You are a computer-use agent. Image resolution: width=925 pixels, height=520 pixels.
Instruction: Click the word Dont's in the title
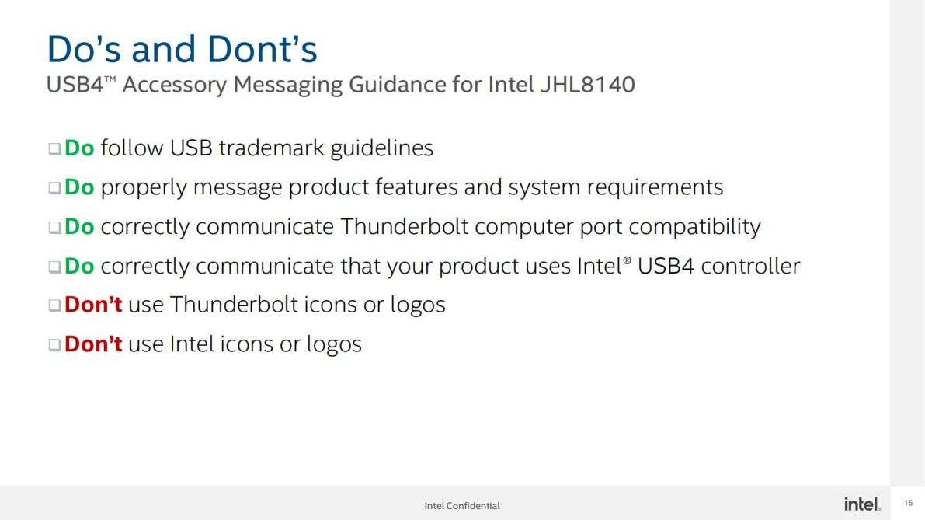[262, 48]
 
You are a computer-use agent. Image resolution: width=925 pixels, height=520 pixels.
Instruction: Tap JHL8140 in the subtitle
[588, 85]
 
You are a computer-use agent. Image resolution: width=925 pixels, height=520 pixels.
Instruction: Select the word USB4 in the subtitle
[75, 85]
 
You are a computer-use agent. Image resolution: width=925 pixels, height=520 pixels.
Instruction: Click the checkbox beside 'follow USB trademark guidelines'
[55, 148]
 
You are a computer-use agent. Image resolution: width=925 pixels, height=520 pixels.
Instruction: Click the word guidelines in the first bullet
[381, 148]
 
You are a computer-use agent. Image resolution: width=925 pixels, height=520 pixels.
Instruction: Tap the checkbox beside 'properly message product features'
[55, 187]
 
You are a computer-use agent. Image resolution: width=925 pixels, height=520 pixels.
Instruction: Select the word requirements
[655, 187]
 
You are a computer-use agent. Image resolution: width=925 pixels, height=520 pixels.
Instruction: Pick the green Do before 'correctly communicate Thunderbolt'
[79, 227]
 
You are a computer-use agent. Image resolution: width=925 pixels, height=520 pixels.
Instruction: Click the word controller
[750, 266]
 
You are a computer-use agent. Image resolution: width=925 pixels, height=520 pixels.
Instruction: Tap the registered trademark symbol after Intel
[627, 260]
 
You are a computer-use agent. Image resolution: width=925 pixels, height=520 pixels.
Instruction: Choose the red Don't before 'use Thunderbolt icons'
[93, 305]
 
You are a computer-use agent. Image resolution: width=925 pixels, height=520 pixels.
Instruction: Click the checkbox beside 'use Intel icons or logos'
[55, 344]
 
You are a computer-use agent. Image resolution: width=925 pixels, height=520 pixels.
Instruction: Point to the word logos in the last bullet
[334, 344]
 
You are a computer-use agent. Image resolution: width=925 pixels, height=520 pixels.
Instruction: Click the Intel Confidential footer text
[462, 506]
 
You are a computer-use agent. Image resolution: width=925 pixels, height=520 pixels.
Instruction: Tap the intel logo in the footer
[862, 504]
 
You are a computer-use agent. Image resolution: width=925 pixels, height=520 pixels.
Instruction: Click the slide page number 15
[909, 503]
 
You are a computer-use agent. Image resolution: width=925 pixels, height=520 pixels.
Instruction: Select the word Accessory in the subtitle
[175, 85]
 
